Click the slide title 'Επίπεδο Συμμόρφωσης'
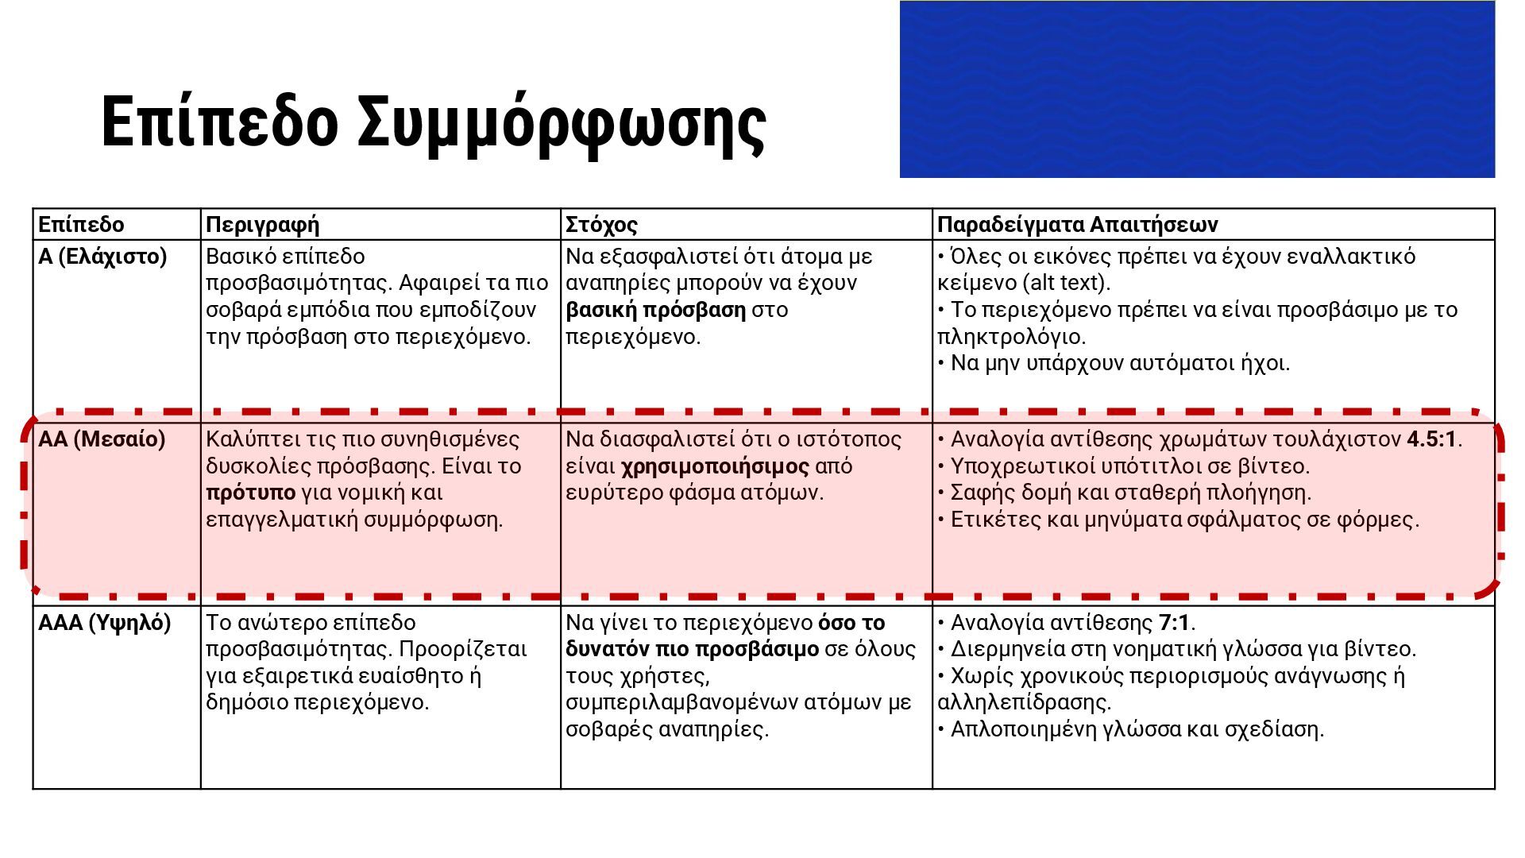[x=434, y=122]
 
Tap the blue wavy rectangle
[x=1196, y=89]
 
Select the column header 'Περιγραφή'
[x=262, y=225]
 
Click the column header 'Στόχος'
[x=601, y=225]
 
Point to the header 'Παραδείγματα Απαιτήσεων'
[x=1077, y=225]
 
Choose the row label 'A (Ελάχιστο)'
[x=102, y=257]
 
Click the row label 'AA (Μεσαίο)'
[x=102, y=439]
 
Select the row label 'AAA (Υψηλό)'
[x=104, y=623]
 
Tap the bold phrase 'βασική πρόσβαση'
[x=655, y=310]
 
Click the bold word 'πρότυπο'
[x=250, y=493]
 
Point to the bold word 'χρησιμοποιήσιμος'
[x=715, y=466]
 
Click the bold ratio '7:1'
[x=1174, y=623]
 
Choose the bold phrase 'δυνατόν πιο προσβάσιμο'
[x=692, y=649]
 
